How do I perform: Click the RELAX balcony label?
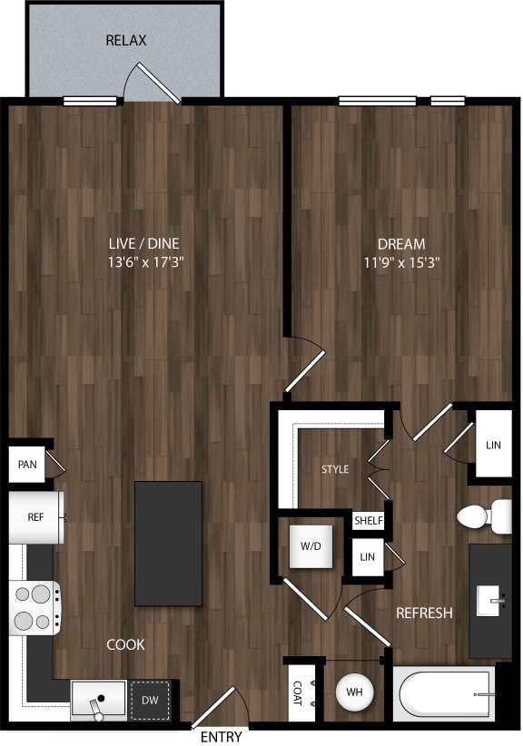[x=126, y=41]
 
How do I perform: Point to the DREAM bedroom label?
[x=400, y=243]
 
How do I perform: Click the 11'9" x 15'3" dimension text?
[x=400, y=264]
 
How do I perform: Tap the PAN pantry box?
[x=27, y=466]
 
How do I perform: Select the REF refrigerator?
[x=35, y=517]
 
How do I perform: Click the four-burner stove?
[x=35, y=608]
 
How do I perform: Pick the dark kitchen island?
[x=168, y=543]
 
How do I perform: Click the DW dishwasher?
[x=150, y=700]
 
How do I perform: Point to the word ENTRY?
[x=221, y=736]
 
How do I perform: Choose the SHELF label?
[x=369, y=521]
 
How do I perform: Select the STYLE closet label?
[x=335, y=469]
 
